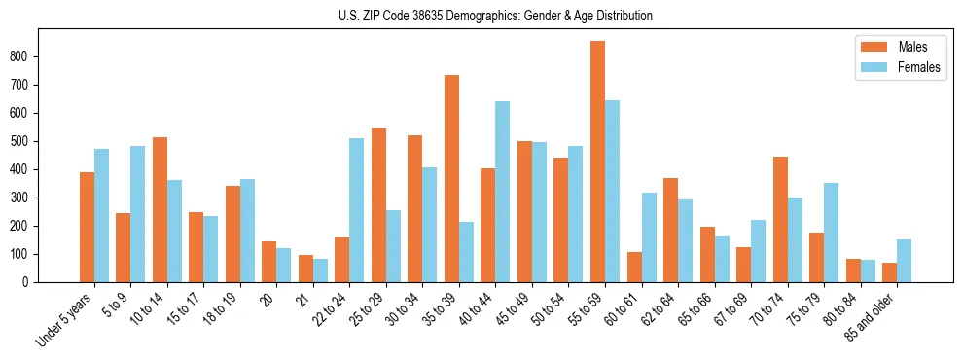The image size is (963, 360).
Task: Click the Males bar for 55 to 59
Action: (x=597, y=162)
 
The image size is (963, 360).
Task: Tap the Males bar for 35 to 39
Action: (x=451, y=178)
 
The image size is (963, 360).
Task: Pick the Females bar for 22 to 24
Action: (x=357, y=210)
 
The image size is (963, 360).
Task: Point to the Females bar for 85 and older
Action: (x=904, y=261)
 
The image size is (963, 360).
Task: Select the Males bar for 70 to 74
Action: (x=780, y=219)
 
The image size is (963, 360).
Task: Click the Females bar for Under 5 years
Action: (x=101, y=215)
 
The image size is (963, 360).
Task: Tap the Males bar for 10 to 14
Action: (x=160, y=209)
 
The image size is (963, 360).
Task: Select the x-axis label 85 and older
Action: (x=871, y=315)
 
